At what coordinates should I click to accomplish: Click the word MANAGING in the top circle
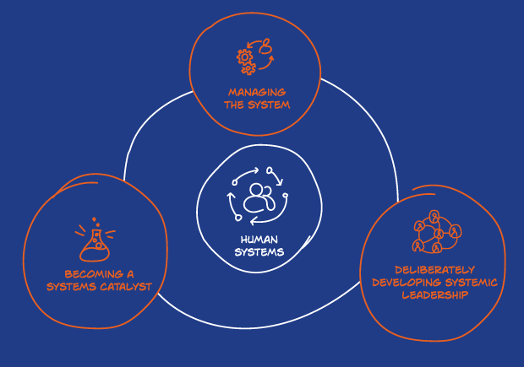click(257, 92)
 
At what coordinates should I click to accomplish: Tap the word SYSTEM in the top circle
click(269, 105)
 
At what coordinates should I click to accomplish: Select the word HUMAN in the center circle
click(259, 240)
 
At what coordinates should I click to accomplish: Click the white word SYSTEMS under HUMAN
click(259, 252)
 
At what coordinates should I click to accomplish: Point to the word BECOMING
click(94, 274)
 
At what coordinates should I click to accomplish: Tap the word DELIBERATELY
click(434, 270)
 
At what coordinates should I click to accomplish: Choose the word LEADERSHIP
click(434, 295)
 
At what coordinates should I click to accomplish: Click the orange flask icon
click(95, 245)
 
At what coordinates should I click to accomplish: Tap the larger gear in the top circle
click(245, 57)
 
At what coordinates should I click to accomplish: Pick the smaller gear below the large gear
click(248, 68)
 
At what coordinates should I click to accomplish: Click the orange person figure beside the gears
click(266, 46)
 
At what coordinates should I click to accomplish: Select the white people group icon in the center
click(259, 198)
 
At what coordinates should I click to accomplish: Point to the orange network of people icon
click(437, 231)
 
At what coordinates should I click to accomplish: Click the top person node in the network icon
click(434, 217)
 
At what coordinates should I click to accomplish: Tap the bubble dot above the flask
click(94, 219)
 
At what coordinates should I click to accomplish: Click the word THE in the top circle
click(234, 105)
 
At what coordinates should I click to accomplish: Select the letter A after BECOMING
click(130, 274)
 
